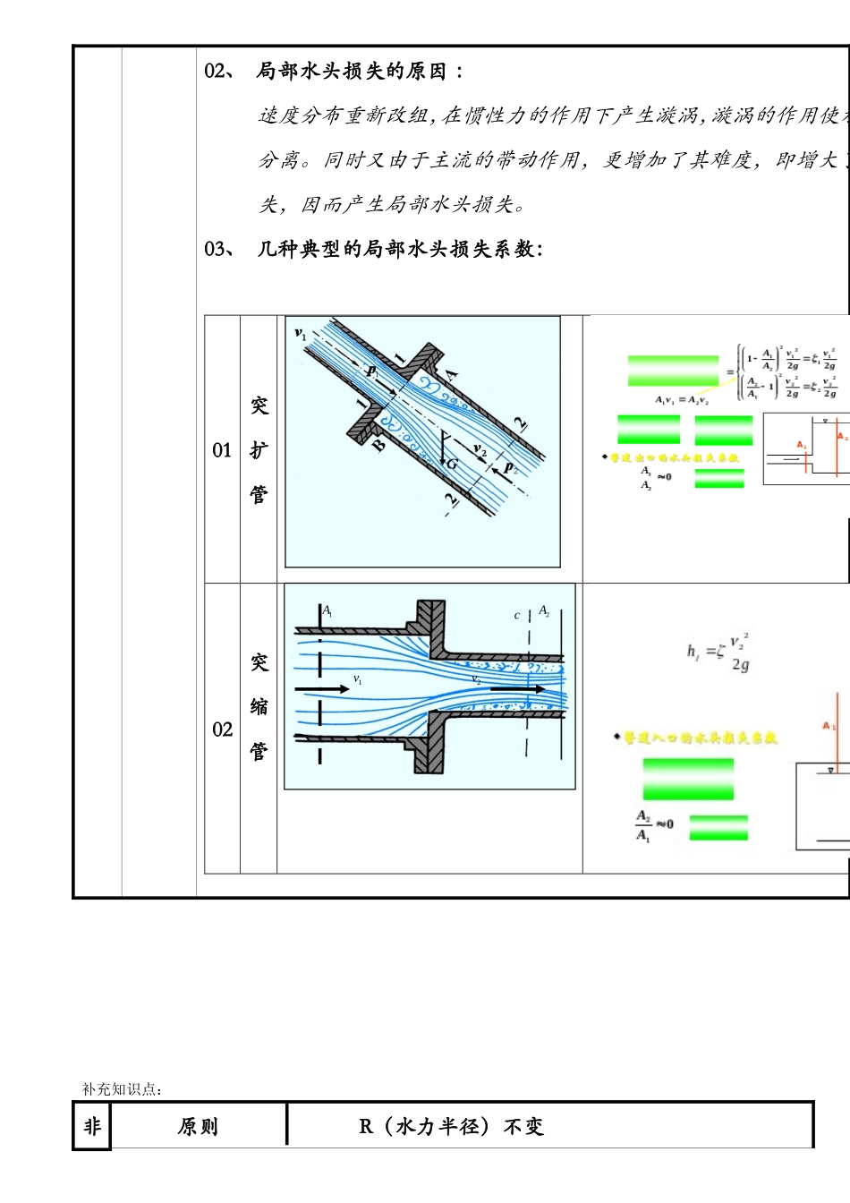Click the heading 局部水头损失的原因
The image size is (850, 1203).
(x=351, y=72)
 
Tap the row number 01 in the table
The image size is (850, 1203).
(x=222, y=450)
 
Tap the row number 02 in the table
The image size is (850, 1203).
(x=222, y=729)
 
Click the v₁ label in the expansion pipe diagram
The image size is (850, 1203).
(x=301, y=334)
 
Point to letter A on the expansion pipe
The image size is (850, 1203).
(x=452, y=374)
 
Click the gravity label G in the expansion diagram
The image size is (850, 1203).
(x=452, y=464)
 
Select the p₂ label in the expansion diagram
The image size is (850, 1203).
(x=511, y=467)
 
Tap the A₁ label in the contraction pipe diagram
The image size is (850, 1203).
(x=327, y=611)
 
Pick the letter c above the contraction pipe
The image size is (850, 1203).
(x=516, y=616)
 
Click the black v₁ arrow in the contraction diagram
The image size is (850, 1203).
(x=322, y=688)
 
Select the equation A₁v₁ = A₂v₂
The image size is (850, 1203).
(x=682, y=400)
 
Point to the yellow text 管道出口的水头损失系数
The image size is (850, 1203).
(x=675, y=457)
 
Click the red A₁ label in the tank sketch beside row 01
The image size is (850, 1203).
(x=802, y=445)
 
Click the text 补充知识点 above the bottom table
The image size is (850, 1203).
(x=122, y=1089)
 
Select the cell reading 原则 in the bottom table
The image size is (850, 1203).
(x=198, y=1126)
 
